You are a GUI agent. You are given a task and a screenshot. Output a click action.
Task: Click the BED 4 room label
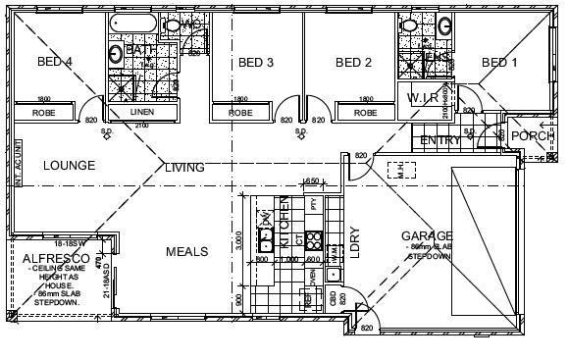click(55, 62)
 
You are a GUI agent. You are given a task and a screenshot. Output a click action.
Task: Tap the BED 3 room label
click(255, 63)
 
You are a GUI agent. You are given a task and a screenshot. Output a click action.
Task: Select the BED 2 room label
click(353, 63)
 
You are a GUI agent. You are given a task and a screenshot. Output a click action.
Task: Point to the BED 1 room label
click(499, 63)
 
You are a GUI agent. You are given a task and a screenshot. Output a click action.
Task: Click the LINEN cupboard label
click(141, 112)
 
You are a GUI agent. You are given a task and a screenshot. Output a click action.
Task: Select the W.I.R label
click(424, 98)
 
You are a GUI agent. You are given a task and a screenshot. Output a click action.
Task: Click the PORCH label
click(533, 136)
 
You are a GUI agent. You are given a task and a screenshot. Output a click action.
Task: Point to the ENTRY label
click(440, 141)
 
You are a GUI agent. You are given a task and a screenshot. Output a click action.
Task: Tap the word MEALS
click(185, 252)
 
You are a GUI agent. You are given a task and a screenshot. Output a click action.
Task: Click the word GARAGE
click(427, 235)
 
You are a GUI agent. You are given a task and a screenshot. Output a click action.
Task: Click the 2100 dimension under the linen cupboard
click(141, 126)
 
